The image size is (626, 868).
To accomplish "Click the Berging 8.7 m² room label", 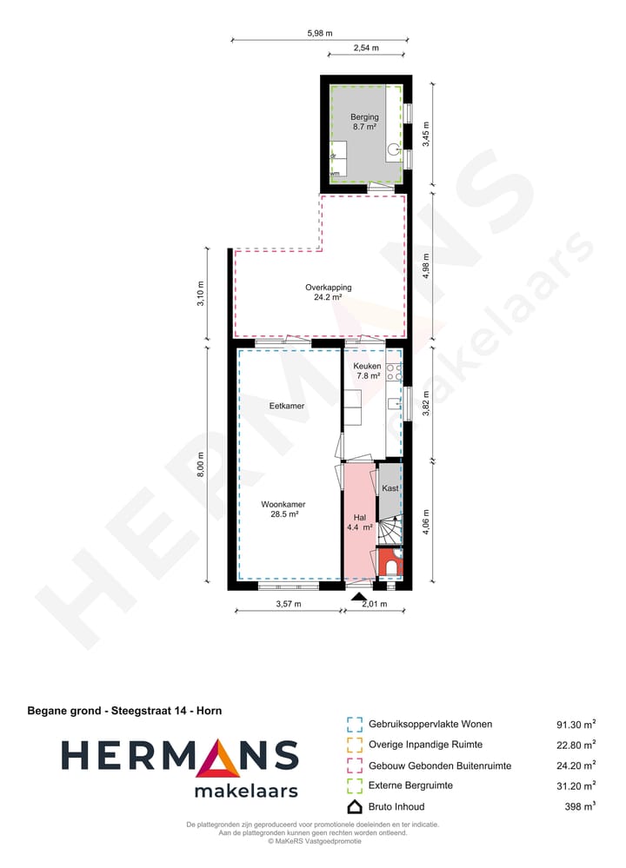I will click(x=364, y=122).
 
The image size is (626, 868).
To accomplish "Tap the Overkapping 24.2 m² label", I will click(x=328, y=292).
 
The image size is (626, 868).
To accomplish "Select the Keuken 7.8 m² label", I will click(x=367, y=371).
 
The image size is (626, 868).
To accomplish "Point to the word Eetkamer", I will click(x=286, y=406).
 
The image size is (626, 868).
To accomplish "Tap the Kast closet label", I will click(x=390, y=488).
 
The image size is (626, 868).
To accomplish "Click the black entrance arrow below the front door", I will click(x=357, y=596).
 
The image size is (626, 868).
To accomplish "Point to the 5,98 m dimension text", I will click(x=318, y=33).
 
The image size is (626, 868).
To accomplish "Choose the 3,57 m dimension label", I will click(x=288, y=604).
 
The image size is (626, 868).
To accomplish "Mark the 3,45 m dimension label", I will click(x=425, y=135).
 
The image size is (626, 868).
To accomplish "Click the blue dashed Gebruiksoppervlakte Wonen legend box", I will click(x=354, y=724).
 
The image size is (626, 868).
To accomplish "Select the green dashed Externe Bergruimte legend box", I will click(x=354, y=786).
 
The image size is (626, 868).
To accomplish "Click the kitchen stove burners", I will click(x=394, y=373).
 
